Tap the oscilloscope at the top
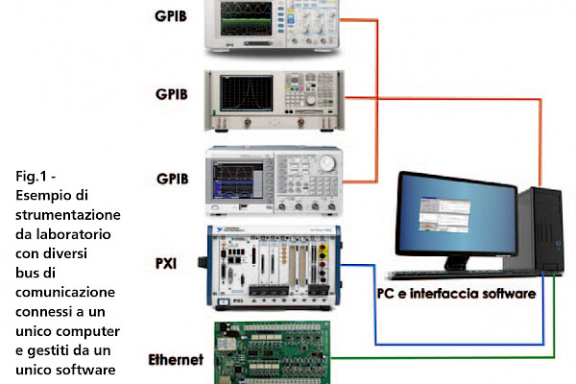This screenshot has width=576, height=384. click(273, 23)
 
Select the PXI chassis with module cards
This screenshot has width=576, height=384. click(273, 266)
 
